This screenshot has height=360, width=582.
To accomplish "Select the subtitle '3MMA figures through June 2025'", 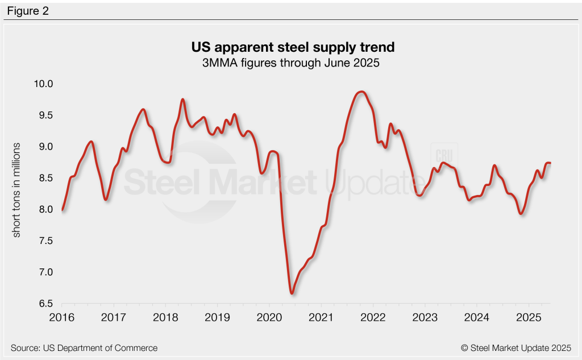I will pyautogui.click(x=290, y=62).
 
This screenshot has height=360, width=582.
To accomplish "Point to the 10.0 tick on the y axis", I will pyautogui.click(x=43, y=84).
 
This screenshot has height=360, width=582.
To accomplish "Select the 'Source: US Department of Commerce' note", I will pyautogui.click(x=84, y=347).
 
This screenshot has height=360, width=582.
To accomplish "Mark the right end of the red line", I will pyautogui.click(x=550, y=163).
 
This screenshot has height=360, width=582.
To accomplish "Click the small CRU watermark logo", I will pyautogui.click(x=443, y=156).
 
